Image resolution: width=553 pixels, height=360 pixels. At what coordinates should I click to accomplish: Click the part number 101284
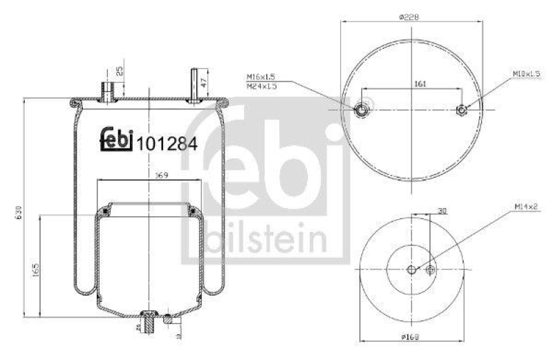click(167, 144)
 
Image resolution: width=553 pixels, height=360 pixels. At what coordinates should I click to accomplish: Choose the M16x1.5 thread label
click(261, 77)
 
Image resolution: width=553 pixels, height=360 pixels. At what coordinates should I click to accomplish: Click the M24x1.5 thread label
click(261, 86)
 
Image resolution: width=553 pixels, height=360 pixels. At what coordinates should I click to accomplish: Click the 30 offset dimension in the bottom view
click(442, 212)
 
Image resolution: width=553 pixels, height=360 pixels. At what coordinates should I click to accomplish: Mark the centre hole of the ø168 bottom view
click(411, 269)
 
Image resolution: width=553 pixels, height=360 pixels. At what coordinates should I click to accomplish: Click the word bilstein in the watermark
click(266, 240)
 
